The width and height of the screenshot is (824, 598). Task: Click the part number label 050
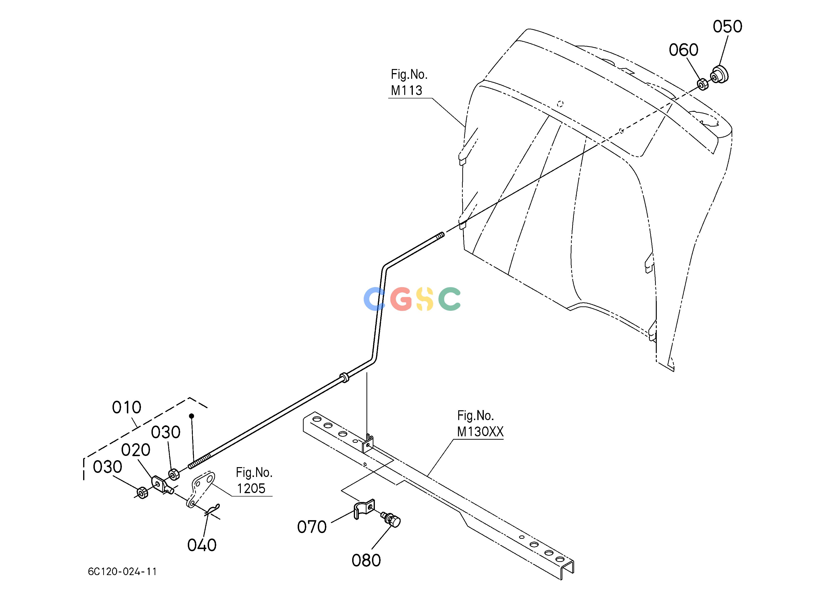(727, 27)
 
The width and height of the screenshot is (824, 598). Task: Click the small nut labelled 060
(703, 85)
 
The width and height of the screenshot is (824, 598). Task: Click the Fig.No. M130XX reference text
(480, 423)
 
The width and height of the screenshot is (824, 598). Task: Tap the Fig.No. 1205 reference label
(253, 480)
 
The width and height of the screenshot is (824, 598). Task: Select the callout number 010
(126, 407)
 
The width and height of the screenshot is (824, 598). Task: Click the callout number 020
(135, 450)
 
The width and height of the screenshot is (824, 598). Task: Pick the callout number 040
(202, 545)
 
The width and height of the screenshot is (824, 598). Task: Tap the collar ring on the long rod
(343, 377)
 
